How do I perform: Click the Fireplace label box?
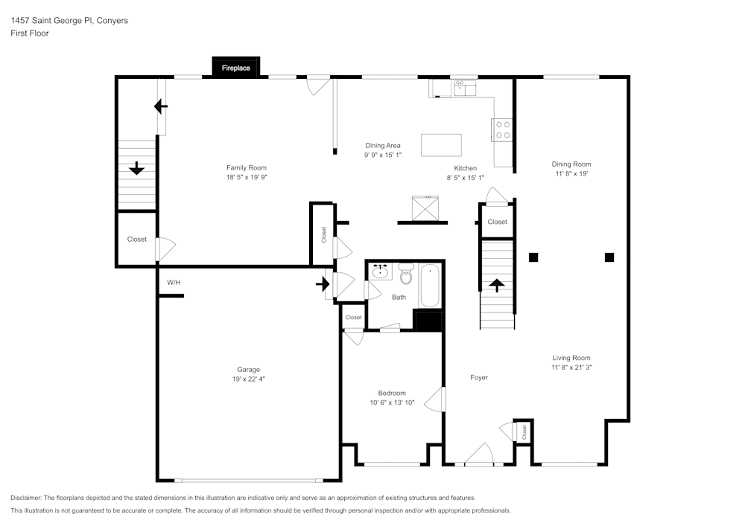(236, 68)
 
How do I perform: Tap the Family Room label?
(247, 167)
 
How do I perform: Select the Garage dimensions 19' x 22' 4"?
(249, 379)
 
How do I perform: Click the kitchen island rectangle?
(441, 144)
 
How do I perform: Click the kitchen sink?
(466, 89)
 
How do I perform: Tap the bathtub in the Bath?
(429, 286)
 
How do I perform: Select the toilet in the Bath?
(406, 275)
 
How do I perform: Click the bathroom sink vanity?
(381, 271)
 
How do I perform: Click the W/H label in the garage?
(174, 283)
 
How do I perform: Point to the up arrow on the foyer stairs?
(496, 285)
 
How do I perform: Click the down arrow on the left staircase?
(136, 169)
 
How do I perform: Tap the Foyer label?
(479, 377)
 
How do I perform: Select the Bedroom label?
(392, 393)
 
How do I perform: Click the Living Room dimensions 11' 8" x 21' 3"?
(571, 367)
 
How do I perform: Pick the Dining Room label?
(571, 164)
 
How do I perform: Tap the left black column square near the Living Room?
(533, 257)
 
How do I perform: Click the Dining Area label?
(383, 145)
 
